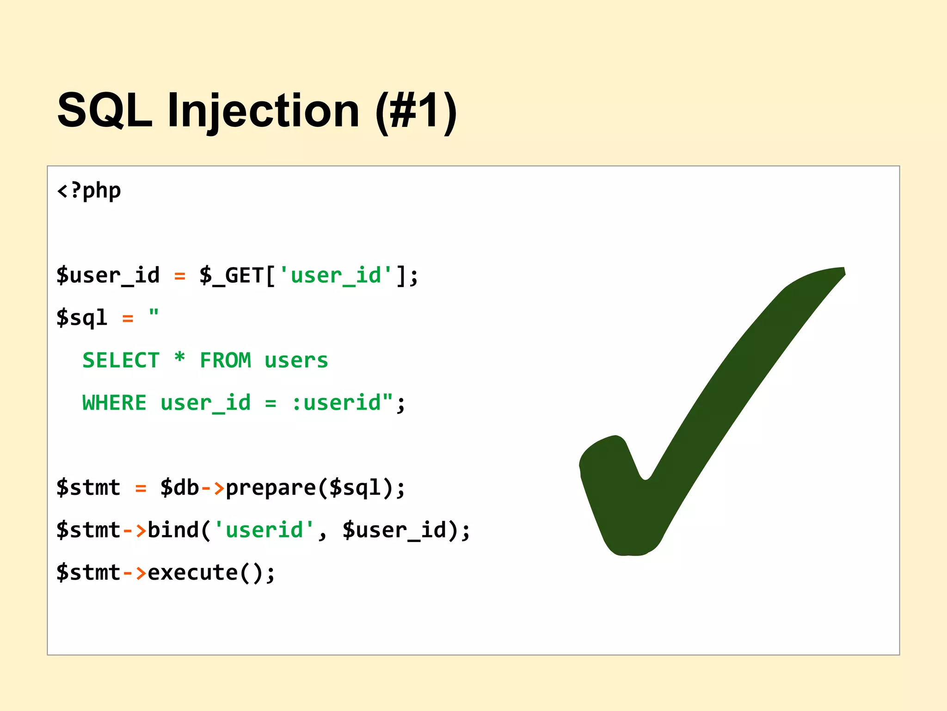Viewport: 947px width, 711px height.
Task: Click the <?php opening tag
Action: pyautogui.click(x=89, y=190)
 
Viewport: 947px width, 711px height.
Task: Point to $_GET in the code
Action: pyautogui.click(x=231, y=275)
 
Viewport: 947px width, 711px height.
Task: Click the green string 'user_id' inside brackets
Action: pyautogui.click(x=336, y=275)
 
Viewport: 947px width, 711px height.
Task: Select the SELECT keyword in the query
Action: pyautogui.click(x=121, y=360)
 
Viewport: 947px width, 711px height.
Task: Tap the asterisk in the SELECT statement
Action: pyautogui.click(x=179, y=358)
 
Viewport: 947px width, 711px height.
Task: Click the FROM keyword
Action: pyautogui.click(x=225, y=360)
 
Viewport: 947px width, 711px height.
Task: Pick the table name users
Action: pyautogui.click(x=296, y=360)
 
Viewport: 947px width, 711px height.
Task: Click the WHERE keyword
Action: pyautogui.click(x=114, y=403)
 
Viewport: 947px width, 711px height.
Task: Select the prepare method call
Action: pyautogui.click(x=270, y=488)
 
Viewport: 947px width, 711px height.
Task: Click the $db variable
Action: pyautogui.click(x=179, y=488)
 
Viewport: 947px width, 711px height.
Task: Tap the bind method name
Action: pyautogui.click(x=173, y=530)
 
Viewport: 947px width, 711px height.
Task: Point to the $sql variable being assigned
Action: pyautogui.click(x=82, y=318)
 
